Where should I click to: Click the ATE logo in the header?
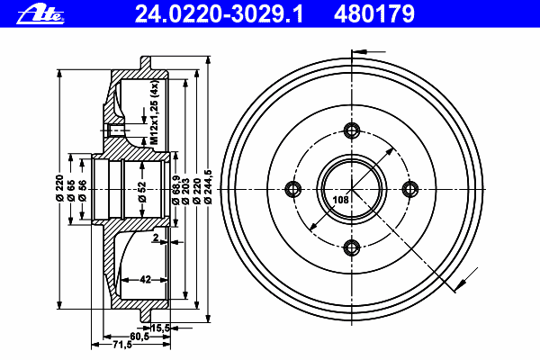(40, 14)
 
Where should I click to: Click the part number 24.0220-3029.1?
(219, 14)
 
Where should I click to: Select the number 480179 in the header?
(374, 14)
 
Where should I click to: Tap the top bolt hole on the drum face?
(352, 130)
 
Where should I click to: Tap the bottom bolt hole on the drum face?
(352, 247)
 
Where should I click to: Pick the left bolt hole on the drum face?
(293, 189)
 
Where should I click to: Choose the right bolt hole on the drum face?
(410, 189)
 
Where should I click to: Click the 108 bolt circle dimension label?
(340, 200)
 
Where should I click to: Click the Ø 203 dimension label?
(186, 191)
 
